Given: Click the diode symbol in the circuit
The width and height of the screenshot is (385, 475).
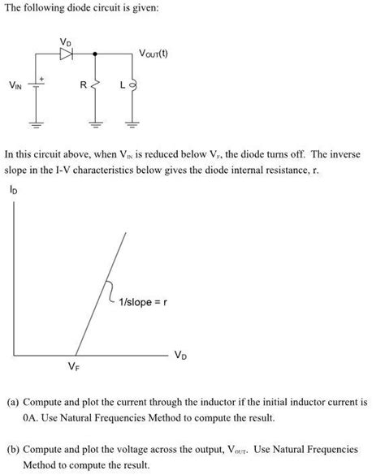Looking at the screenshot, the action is point(66,54).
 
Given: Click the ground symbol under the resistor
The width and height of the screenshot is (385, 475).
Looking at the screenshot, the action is point(96,124).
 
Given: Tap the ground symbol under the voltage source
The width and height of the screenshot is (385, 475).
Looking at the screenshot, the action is point(35,124).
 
